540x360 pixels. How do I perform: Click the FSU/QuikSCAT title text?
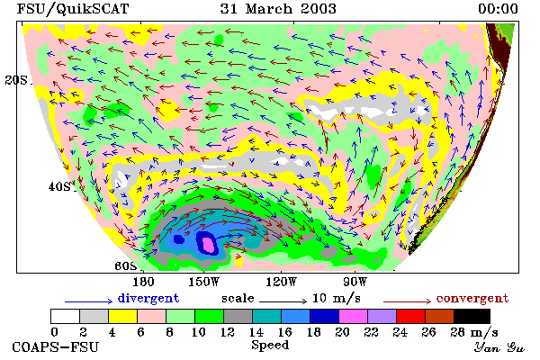[73, 9]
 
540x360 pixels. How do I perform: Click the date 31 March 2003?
[278, 9]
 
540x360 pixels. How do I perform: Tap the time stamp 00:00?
[498, 9]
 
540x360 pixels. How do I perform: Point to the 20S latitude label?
[16, 80]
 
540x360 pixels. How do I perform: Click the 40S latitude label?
[59, 186]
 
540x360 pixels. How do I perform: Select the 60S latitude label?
[126, 265]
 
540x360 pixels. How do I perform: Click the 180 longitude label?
[143, 282]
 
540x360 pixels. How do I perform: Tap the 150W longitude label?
[204, 282]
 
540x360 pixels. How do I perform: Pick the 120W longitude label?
[281, 282]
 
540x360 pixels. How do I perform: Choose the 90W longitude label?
[355, 282]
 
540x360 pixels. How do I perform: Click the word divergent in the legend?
[148, 298]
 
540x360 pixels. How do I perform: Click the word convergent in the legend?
[472, 298]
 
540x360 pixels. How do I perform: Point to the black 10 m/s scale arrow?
[283, 301]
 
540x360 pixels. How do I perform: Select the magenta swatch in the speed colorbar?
[353, 316]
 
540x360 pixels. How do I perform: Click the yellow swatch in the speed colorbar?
[123, 316]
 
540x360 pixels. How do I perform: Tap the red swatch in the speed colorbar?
[410, 316]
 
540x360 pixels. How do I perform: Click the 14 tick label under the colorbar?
[256, 332]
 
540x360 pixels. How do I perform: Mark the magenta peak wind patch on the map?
[208, 244]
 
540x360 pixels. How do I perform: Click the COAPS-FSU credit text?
[56, 346]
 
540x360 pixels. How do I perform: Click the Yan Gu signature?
[499, 347]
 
